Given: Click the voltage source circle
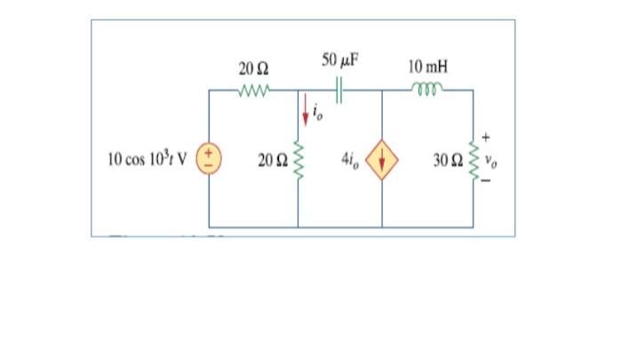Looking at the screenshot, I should tap(210, 161).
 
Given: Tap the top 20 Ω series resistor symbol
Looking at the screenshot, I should tap(254, 90).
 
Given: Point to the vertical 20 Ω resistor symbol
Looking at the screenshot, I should tap(298, 161).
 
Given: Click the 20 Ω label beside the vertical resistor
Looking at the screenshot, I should tap(271, 161).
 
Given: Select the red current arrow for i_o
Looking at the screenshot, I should tap(307, 108).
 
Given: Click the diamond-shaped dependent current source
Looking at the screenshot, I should tap(382, 161).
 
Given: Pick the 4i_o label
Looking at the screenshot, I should tap(350, 161).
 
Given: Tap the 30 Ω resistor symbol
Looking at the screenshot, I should tap(471, 161).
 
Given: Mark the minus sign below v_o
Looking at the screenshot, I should tap(486, 182).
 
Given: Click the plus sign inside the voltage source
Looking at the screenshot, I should tap(210, 154).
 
